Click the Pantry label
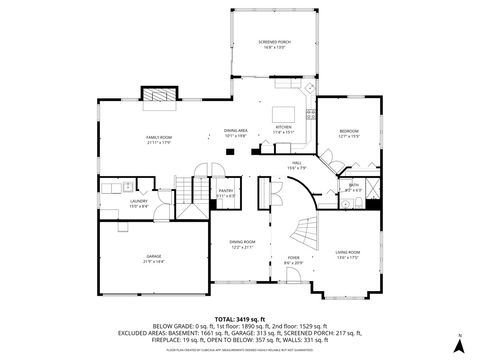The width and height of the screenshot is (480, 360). click(x=226, y=192)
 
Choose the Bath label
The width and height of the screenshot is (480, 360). click(x=354, y=186)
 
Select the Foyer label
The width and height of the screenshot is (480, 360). click(x=293, y=259)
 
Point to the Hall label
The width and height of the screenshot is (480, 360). click(x=297, y=165)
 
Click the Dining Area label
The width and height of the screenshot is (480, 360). click(x=236, y=132)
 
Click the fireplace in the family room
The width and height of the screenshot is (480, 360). click(x=157, y=96)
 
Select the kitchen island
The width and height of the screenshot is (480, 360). click(x=284, y=113)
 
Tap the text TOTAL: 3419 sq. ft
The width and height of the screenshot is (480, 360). click(x=240, y=318)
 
